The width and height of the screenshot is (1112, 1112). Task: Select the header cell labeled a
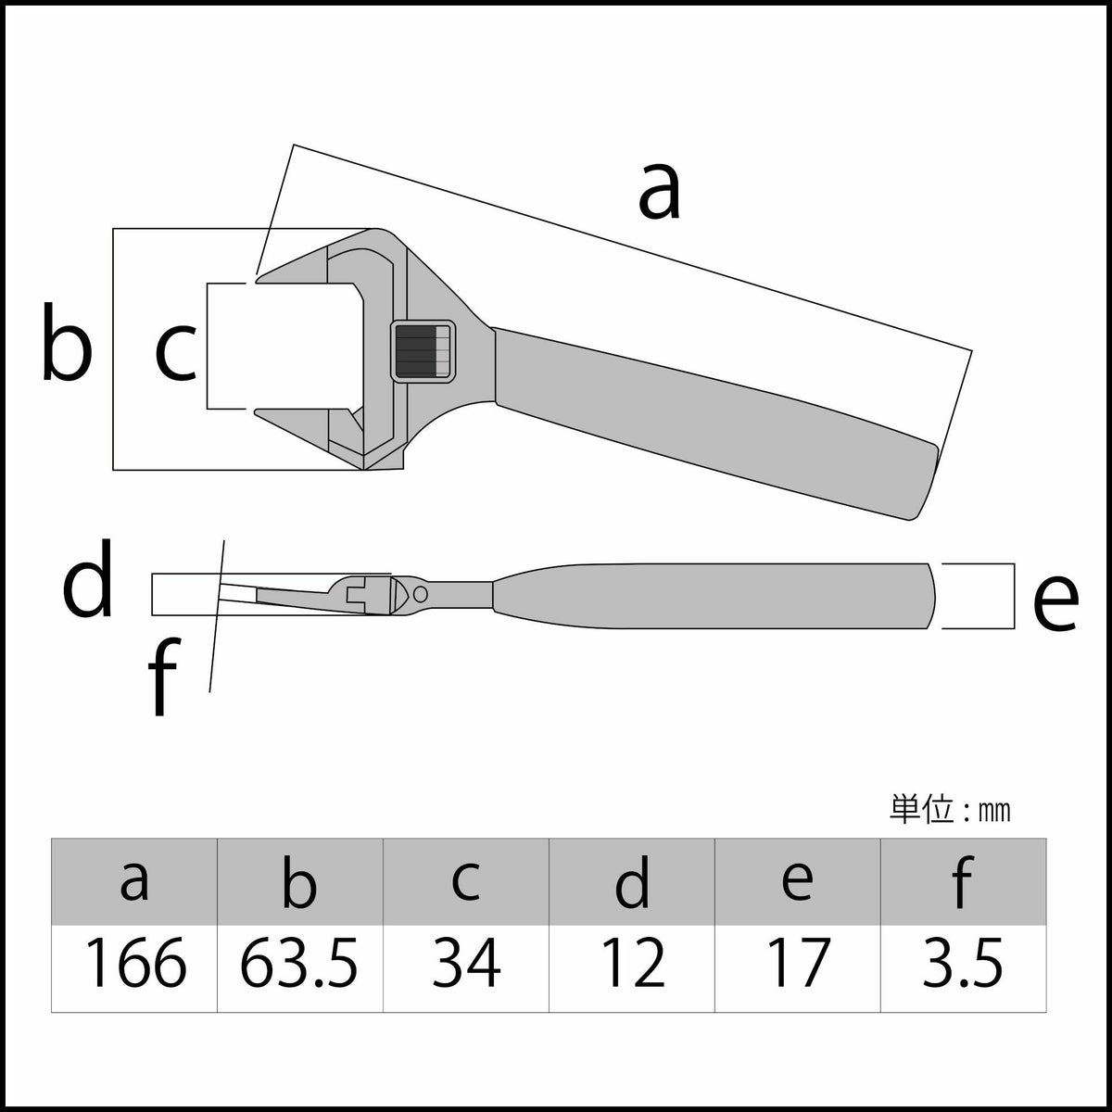pos(134,881)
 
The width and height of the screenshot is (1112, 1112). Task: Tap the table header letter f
pos(962,881)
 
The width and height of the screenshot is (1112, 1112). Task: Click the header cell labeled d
pos(633,881)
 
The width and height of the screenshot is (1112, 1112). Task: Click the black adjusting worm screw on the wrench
pos(423,350)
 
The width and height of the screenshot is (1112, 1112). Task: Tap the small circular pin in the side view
pos(421,592)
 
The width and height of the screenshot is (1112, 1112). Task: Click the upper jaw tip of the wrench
pos(264,275)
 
